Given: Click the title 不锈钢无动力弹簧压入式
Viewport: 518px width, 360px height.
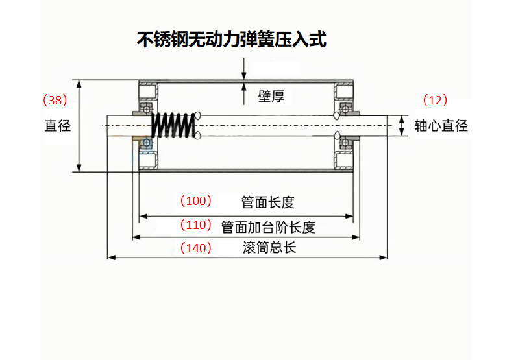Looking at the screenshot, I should (x=231, y=40).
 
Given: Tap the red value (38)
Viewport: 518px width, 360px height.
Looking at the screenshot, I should (x=55, y=101).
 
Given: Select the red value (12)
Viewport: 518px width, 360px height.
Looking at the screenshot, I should (x=435, y=101).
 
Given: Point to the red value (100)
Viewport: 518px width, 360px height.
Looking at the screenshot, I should (x=196, y=201).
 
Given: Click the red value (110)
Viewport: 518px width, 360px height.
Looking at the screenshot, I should (x=196, y=226).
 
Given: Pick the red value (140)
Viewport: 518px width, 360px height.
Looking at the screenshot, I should (x=196, y=248).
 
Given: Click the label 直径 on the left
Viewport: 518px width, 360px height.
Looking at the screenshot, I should (x=57, y=126).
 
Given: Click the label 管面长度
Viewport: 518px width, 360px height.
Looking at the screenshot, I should (x=267, y=202).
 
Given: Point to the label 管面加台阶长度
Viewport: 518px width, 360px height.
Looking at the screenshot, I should (x=268, y=227).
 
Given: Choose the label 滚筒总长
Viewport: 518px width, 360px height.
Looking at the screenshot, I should (x=269, y=248).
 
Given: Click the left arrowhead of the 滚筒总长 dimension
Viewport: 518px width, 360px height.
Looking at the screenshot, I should (x=111, y=258).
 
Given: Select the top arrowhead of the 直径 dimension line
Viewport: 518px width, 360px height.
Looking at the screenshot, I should (x=80, y=84).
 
